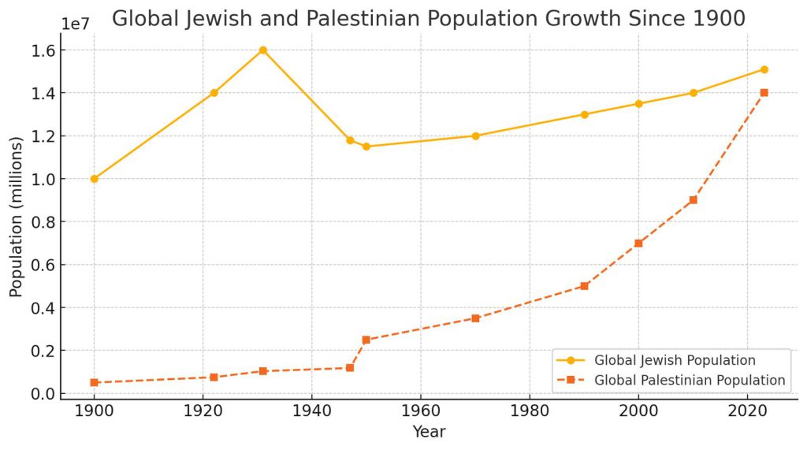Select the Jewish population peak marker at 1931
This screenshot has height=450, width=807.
pyautogui.click(x=263, y=50)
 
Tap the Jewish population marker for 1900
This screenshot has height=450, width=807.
pyautogui.click(x=95, y=179)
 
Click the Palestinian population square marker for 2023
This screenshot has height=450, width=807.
pyautogui.click(x=764, y=93)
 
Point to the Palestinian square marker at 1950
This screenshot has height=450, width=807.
pyautogui.click(x=366, y=340)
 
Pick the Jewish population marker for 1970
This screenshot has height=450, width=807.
pyautogui.click(x=475, y=136)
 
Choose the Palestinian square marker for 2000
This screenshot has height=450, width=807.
pyautogui.click(x=638, y=244)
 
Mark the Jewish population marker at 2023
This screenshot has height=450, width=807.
pyautogui.click(x=764, y=69)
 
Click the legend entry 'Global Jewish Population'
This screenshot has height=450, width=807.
pyautogui.click(x=675, y=360)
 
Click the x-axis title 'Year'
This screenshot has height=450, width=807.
pyautogui.click(x=429, y=432)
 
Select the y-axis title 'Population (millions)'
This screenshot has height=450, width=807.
pyautogui.click(x=16, y=222)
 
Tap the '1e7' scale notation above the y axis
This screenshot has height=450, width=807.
pyautogui.click(x=75, y=24)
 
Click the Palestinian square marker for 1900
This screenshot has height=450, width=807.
pyautogui.click(x=95, y=382)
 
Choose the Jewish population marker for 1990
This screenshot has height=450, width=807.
pyautogui.click(x=584, y=114)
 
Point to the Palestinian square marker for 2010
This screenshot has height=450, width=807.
pyautogui.click(x=693, y=200)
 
